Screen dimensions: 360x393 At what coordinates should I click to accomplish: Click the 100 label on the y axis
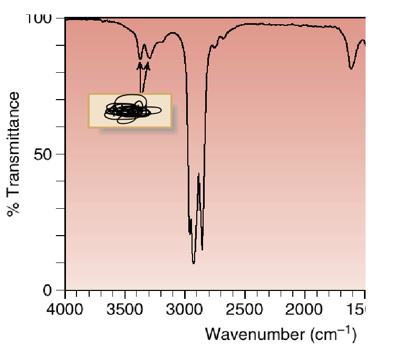[40, 19]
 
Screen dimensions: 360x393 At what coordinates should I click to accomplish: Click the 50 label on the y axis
[46, 154]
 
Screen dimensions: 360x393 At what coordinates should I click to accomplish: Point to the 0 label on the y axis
[53, 290]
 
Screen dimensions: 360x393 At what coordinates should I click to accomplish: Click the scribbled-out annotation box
[130, 111]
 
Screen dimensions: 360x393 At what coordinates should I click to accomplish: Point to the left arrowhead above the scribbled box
[140, 65]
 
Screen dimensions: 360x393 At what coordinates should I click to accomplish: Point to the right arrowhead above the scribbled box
[147, 65]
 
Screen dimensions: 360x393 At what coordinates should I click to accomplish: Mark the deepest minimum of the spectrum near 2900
[194, 262]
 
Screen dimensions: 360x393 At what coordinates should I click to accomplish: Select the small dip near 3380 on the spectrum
[140, 58]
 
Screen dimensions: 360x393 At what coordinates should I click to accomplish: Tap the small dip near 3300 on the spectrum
[149, 57]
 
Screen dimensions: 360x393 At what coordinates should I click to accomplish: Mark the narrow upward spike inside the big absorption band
[198, 174]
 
